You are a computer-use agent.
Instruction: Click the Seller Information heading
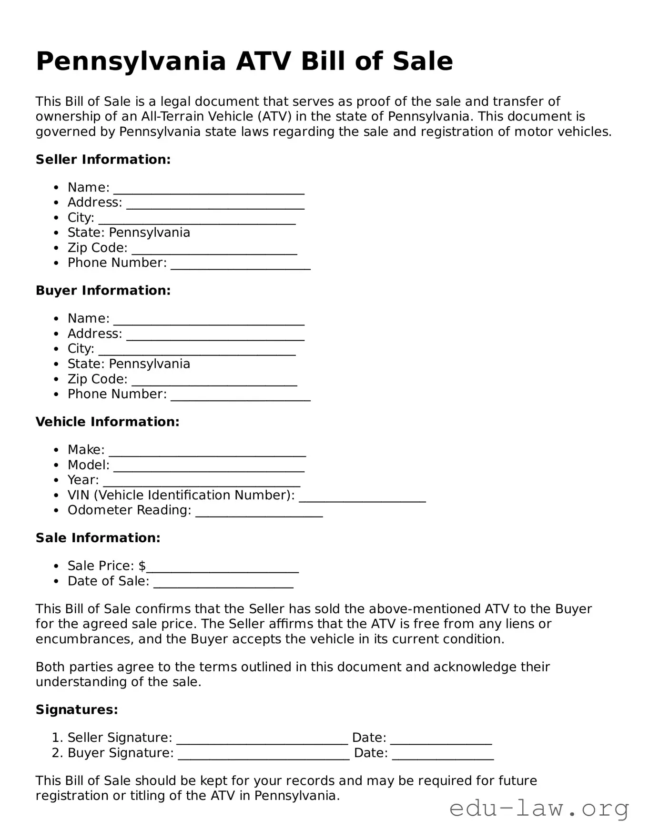(103, 160)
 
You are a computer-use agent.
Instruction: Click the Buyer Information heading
(103, 291)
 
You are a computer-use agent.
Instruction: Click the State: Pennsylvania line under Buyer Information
(129, 364)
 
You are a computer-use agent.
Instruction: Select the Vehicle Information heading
(107, 422)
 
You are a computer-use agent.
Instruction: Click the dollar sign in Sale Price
(142, 566)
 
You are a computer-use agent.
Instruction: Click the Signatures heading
(77, 710)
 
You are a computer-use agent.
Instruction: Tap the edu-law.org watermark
(539, 809)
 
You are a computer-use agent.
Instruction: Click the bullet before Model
(57, 466)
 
